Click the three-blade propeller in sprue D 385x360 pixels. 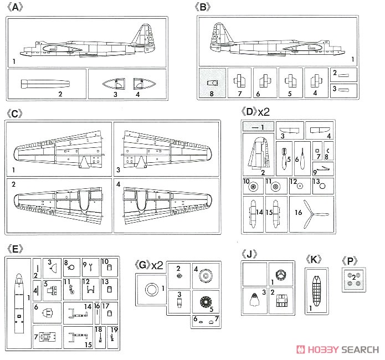point(312,214)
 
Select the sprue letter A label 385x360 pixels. point(15,7)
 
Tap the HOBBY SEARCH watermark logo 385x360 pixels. point(338,349)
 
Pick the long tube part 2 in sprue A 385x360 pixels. point(45,84)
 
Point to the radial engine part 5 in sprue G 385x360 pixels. point(206,301)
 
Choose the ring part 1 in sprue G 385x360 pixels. point(151,289)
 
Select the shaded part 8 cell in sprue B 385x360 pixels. point(212,83)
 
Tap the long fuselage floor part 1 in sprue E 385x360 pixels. point(19,304)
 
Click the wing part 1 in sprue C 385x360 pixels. point(58,150)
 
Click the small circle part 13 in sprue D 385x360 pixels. point(322,186)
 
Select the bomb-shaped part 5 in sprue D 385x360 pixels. point(284,158)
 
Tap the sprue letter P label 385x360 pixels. point(350,261)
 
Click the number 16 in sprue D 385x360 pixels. point(299,213)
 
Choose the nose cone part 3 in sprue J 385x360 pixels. point(254,299)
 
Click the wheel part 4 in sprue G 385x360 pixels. point(206,276)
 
